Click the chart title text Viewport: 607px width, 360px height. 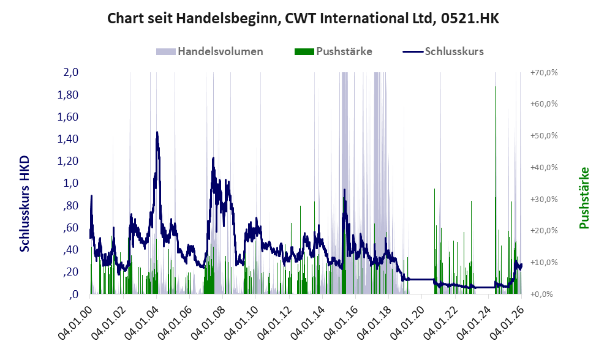click(303, 18)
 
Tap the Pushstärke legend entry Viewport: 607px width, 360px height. click(333, 51)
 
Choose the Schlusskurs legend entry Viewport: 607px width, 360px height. click(443, 51)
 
